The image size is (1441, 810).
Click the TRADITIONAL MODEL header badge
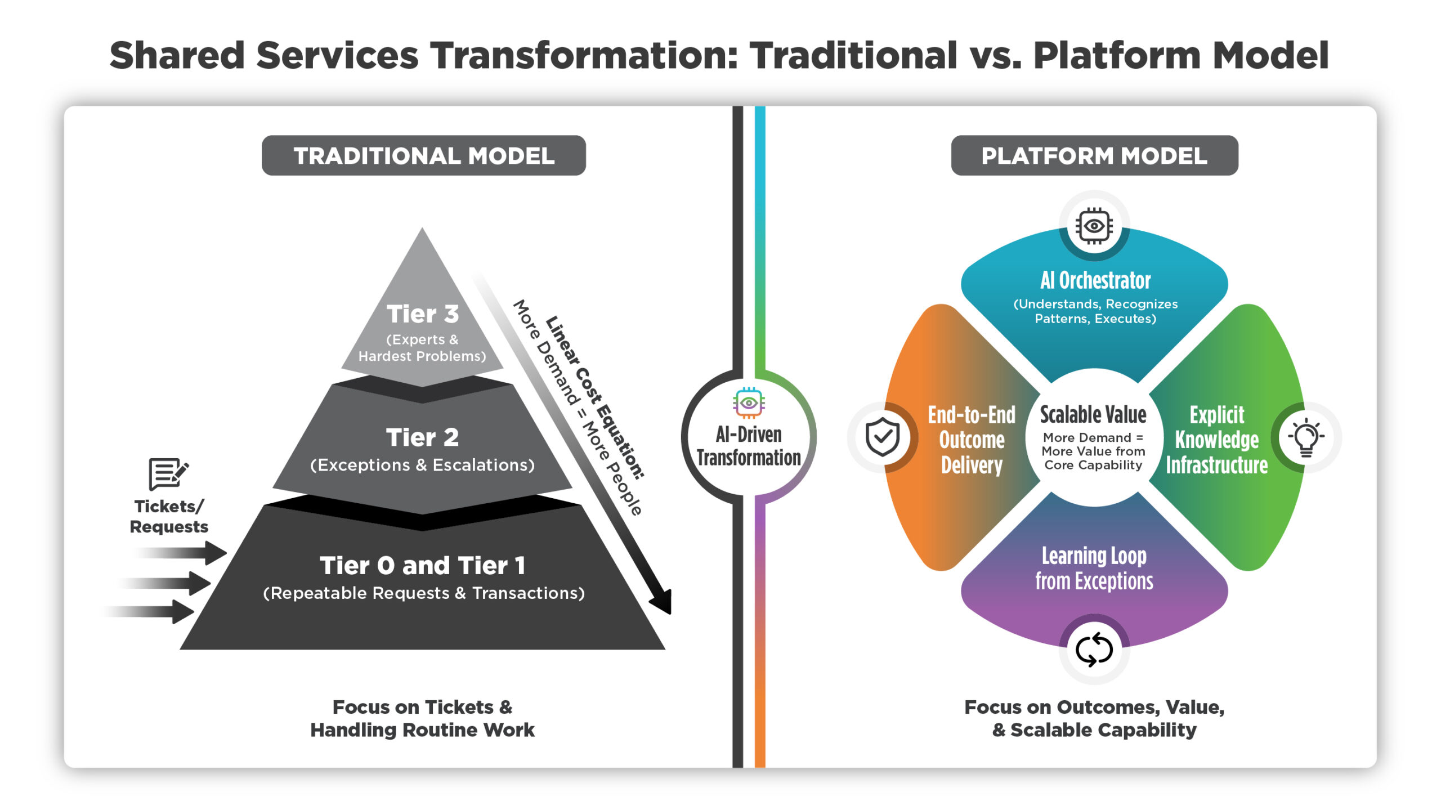pos(423,155)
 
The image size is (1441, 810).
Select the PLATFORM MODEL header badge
pos(1094,155)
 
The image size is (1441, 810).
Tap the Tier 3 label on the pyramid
pos(422,314)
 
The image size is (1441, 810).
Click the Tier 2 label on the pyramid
pos(422,437)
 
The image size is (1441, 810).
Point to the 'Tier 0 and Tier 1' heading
pos(422,565)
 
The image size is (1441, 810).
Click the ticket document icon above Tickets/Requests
pos(167,473)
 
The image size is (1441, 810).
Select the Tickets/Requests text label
pos(169,516)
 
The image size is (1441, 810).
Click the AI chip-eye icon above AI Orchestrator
pos(1094,226)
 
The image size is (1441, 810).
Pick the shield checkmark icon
pos(882,437)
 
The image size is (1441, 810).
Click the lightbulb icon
pos(1306,437)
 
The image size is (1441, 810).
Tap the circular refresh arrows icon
pos(1094,649)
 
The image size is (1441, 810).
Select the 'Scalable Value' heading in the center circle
pos(1093,415)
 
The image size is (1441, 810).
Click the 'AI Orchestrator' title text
pos(1095,280)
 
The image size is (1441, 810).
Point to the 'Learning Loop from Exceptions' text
pos(1094,568)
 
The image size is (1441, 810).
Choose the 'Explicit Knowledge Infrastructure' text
pos(1216,440)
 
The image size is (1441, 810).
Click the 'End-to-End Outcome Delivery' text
pos(972,440)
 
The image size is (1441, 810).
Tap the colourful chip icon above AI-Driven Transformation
pos(748,402)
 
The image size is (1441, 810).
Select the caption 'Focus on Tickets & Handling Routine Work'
pos(422,718)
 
